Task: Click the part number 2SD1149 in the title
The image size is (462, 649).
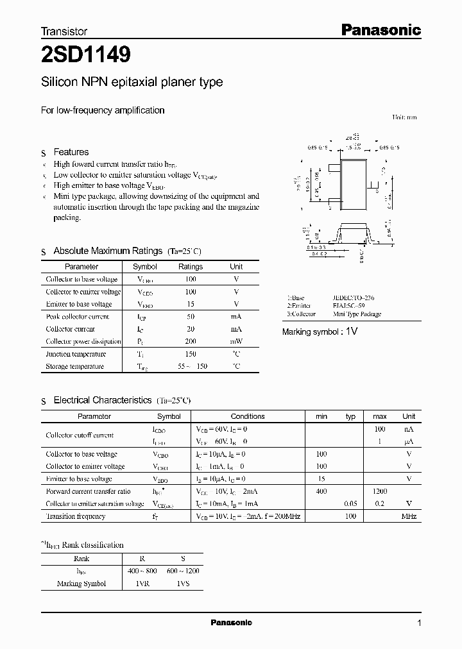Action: click(86, 56)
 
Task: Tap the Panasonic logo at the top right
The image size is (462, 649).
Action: click(380, 29)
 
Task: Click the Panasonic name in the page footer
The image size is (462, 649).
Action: click(232, 623)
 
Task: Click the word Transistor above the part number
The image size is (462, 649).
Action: click(64, 31)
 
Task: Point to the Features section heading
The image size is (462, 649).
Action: click(71, 152)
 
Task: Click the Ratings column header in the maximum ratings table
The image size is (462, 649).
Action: click(191, 266)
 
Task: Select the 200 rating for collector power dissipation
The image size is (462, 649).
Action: click(191, 341)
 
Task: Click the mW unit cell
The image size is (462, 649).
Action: click(236, 341)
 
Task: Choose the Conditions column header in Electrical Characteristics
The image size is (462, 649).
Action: click(248, 416)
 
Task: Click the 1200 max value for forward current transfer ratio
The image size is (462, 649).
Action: click(380, 491)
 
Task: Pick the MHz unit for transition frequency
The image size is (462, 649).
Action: click(409, 516)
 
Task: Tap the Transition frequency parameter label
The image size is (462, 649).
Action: click(76, 516)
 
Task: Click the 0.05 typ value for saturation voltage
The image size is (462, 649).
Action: click(350, 504)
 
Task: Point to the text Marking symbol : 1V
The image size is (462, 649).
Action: click(320, 332)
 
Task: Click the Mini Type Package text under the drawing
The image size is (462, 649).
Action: click(357, 314)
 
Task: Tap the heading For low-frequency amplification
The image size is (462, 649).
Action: click(103, 110)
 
